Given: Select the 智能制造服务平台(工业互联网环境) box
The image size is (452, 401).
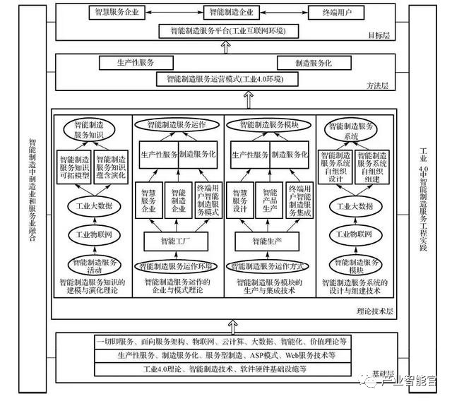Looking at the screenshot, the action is click(x=225, y=31).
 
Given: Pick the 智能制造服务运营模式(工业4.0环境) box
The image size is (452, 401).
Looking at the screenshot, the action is click(x=225, y=78).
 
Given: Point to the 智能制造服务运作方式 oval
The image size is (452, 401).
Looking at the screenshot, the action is click(x=269, y=266).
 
